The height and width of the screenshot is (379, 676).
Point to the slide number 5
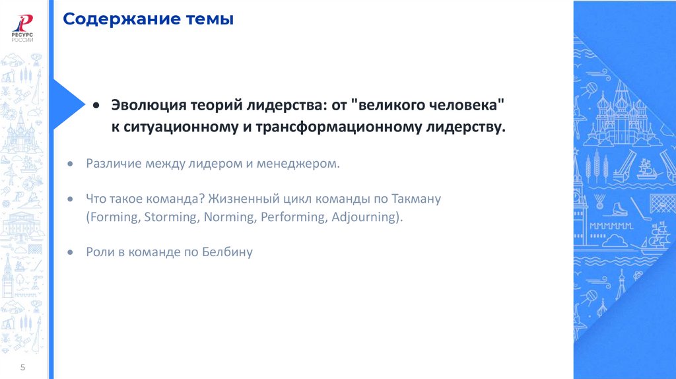pyautogui.click(x=23, y=367)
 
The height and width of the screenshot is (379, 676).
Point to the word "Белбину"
pyautogui.click(x=228, y=252)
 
